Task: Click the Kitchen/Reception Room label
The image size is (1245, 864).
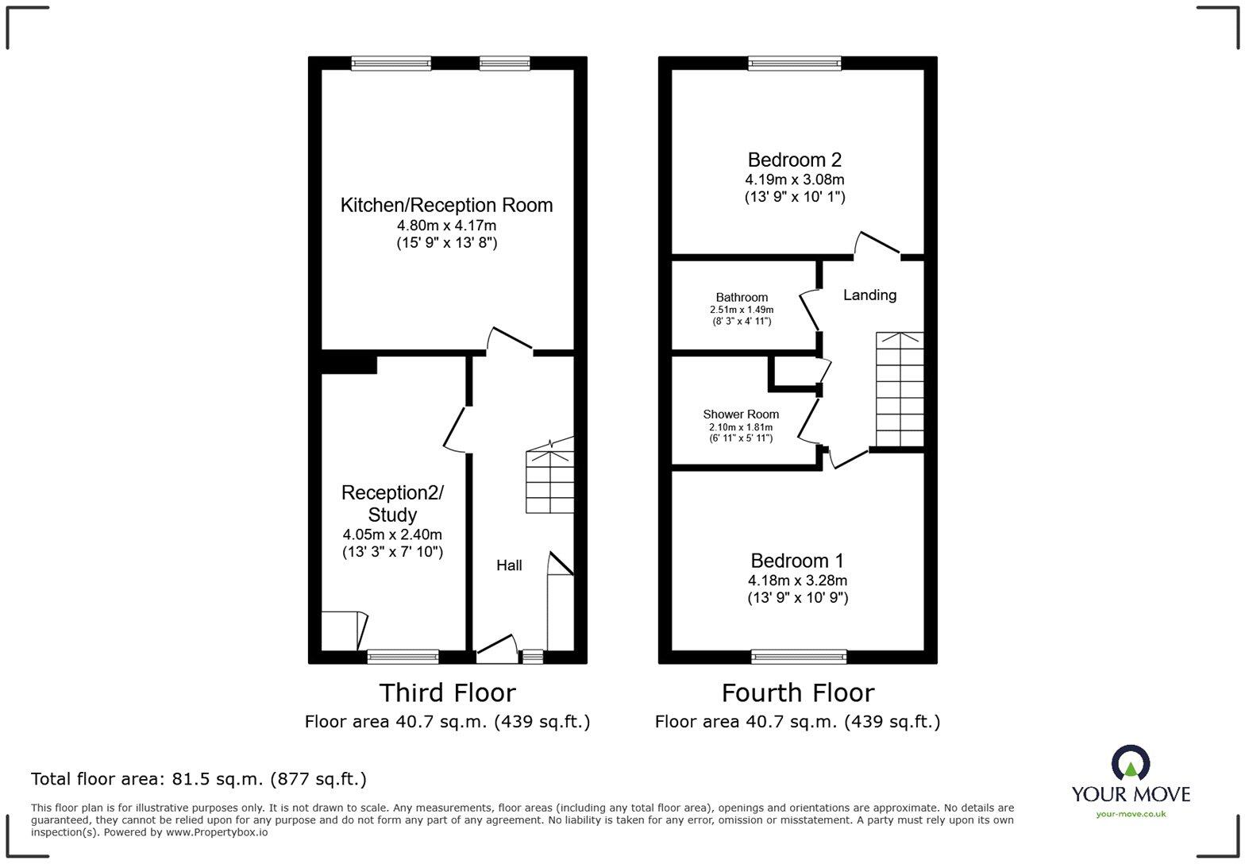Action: tap(446, 205)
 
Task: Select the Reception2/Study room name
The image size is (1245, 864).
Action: tap(392, 503)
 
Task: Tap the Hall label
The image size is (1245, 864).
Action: tap(509, 565)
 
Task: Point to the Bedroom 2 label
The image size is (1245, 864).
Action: tap(794, 160)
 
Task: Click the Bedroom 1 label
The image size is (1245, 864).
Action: tap(797, 561)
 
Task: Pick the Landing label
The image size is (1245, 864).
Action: tap(869, 295)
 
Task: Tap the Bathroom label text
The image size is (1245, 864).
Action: tap(742, 297)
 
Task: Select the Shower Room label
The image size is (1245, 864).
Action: tap(741, 415)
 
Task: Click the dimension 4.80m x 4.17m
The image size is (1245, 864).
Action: tap(446, 226)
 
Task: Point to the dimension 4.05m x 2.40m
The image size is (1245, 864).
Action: tap(392, 534)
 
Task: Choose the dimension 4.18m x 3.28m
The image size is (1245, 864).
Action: tap(797, 580)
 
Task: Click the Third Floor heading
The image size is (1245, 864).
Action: tap(447, 693)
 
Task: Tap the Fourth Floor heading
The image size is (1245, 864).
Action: tap(797, 693)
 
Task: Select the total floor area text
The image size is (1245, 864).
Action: tap(199, 779)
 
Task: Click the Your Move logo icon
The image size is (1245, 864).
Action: tap(1131, 764)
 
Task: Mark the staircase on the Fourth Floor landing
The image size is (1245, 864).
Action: tap(900, 390)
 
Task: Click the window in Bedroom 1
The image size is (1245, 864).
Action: tap(799, 657)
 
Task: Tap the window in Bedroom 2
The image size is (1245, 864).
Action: tap(794, 63)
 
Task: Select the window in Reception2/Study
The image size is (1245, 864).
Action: tap(403, 657)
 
